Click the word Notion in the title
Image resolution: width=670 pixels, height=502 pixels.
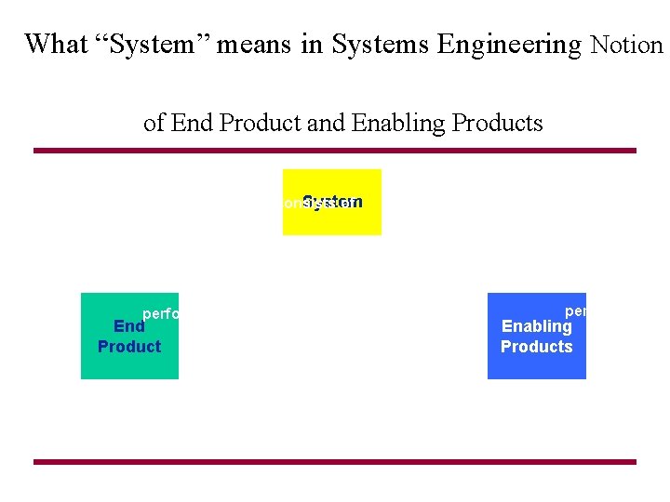[627, 45]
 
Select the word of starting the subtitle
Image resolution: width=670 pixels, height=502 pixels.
[154, 123]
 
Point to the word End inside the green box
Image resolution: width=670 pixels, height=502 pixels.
[128, 326]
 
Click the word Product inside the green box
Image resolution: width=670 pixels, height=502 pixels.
[129, 347]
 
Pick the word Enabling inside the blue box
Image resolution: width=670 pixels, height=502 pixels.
[536, 326]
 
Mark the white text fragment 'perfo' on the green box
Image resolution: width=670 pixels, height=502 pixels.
[159, 314]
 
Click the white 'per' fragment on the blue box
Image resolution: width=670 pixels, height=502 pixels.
[575, 311]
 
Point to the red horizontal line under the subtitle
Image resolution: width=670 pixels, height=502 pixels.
[335, 151]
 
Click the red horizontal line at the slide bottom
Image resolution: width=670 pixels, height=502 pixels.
[335, 461]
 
